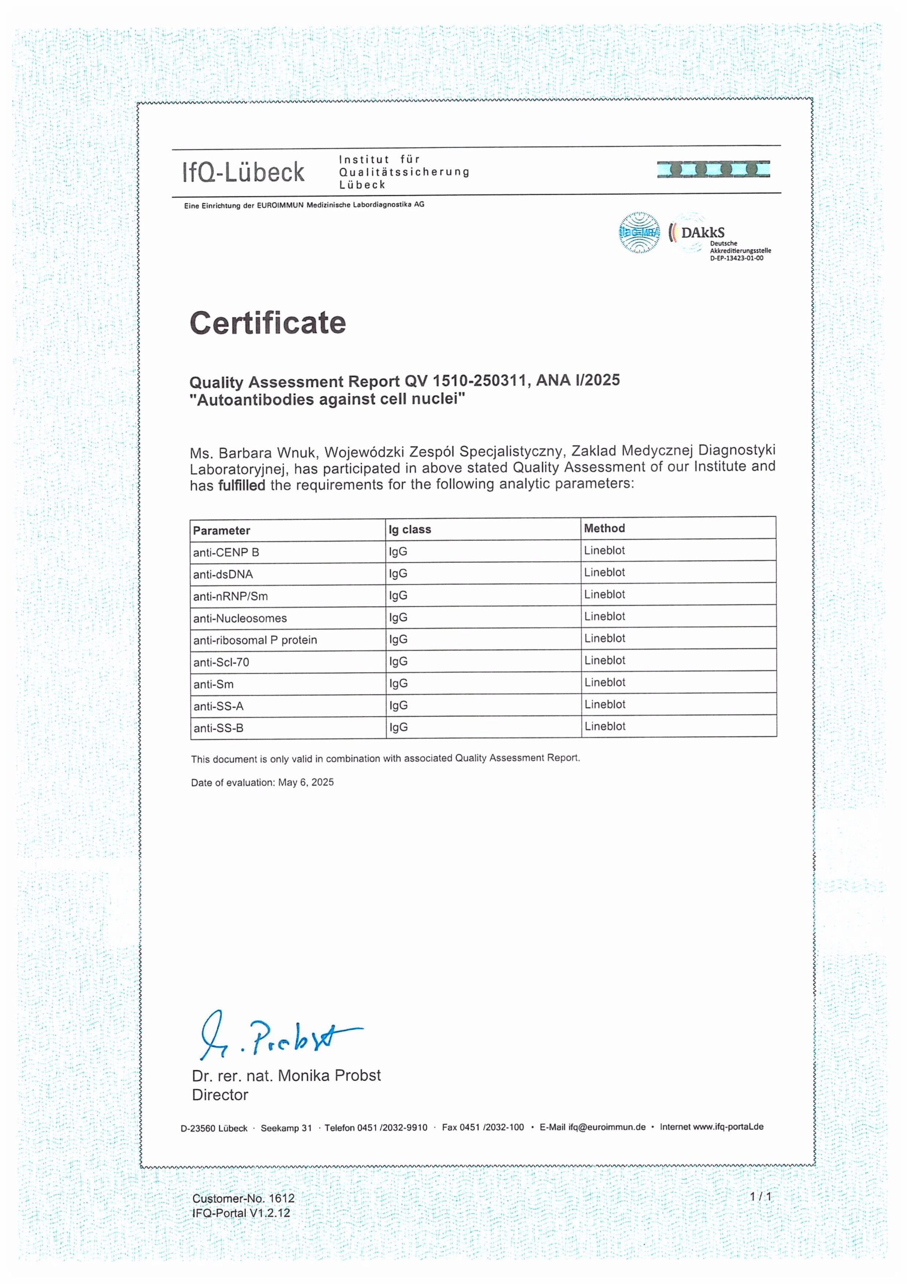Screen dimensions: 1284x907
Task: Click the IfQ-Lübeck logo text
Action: point(243,172)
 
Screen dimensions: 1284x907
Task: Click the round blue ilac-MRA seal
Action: point(639,233)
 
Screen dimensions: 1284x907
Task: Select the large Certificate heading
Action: point(268,323)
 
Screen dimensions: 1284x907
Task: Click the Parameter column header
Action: point(222,530)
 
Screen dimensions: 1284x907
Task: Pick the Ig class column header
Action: point(410,529)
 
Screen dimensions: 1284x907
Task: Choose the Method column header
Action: point(604,528)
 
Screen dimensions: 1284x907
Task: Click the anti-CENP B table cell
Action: point(226,553)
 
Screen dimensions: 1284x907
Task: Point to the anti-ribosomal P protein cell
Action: point(255,640)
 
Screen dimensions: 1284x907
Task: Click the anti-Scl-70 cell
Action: point(221,662)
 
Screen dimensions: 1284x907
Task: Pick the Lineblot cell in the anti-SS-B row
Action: point(605,726)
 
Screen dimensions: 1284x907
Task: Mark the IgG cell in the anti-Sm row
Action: point(398,684)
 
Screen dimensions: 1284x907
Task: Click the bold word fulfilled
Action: point(242,486)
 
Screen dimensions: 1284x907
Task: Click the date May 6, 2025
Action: point(305,782)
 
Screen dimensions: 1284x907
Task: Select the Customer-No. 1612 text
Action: point(243,1198)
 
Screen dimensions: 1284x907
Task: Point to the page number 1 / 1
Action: point(760,1196)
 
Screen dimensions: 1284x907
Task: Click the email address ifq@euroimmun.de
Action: point(607,1127)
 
